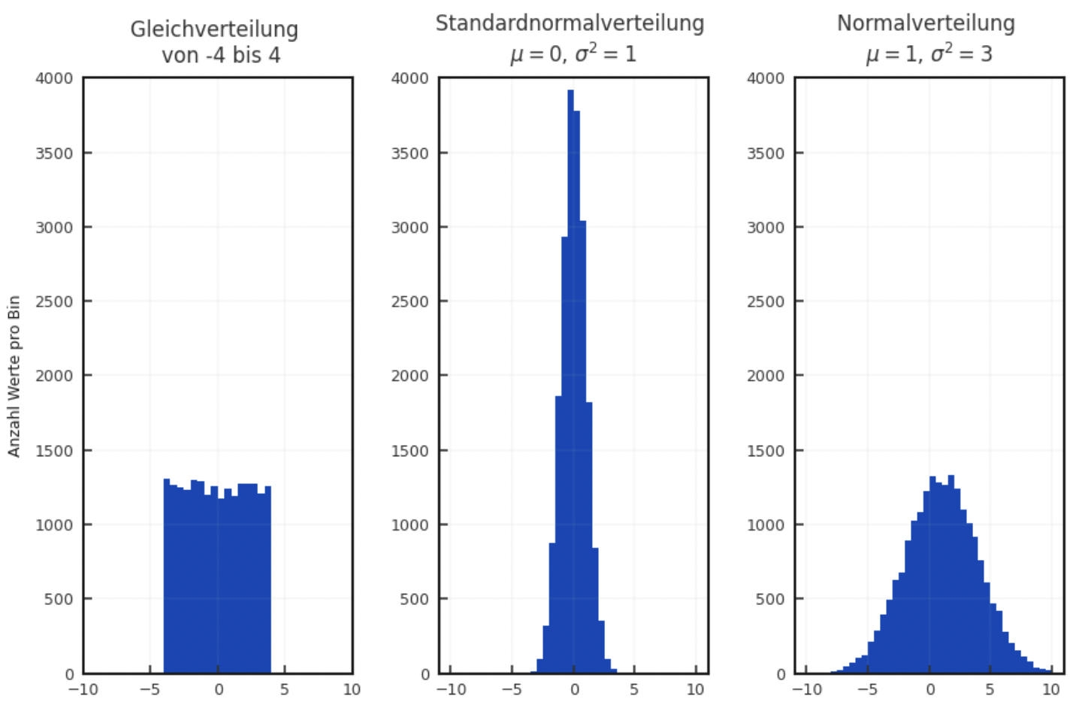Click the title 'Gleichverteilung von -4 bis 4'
click(x=215, y=42)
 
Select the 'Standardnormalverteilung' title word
click(x=570, y=23)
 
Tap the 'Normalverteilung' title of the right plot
click(x=926, y=23)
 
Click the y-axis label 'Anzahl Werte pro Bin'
click(x=14, y=376)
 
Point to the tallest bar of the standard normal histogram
click(x=570, y=376)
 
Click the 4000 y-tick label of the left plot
click(x=54, y=78)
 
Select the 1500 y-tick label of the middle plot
click(x=410, y=451)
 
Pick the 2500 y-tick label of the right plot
click(x=765, y=301)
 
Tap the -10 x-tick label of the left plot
click(x=83, y=690)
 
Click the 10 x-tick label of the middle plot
click(x=696, y=690)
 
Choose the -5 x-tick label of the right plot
click(x=867, y=690)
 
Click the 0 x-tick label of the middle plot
click(x=575, y=690)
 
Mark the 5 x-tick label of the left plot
click(x=284, y=690)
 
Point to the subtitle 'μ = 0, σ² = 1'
click(x=573, y=54)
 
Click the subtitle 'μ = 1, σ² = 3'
click(x=929, y=54)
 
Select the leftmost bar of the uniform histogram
click(x=167, y=579)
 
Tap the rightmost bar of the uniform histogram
click(x=267, y=579)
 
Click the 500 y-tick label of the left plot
click(x=58, y=599)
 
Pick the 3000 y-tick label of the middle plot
click(x=410, y=227)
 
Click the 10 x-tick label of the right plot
click(x=1051, y=690)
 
